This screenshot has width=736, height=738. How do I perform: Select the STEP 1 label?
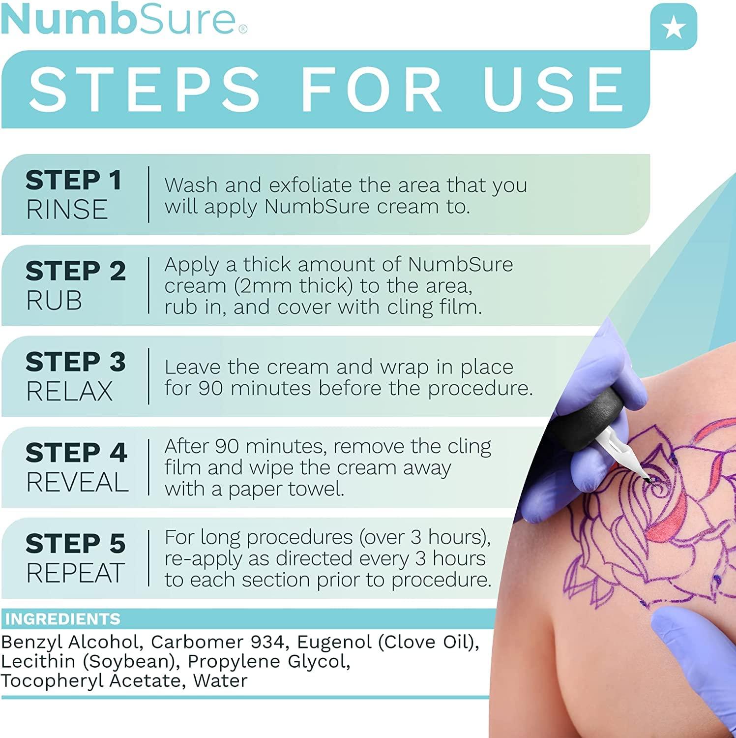click(74, 180)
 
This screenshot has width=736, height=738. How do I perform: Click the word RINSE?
click(67, 210)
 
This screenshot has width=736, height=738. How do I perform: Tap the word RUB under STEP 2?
click(54, 301)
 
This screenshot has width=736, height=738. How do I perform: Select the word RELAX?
click(69, 392)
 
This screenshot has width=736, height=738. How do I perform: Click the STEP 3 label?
click(76, 362)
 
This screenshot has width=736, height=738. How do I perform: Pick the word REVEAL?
click(77, 482)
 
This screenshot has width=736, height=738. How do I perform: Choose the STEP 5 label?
click(76, 544)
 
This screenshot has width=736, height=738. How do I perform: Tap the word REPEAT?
click(75, 573)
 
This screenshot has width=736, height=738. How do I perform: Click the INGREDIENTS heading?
click(63, 618)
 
